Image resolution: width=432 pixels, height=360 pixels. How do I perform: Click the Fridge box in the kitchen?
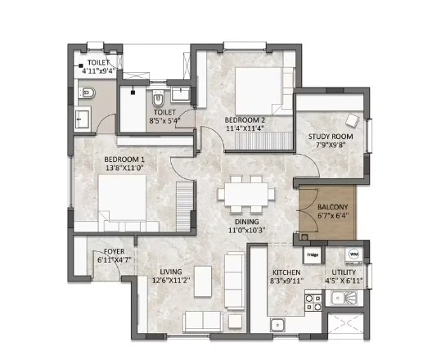(313, 254)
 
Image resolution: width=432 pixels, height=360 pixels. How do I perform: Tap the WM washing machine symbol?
(353, 254)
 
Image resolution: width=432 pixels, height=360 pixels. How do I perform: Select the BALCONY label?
(332, 207)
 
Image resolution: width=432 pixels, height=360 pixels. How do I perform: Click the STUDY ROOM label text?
(331, 137)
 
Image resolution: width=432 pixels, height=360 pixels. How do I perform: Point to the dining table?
(246, 194)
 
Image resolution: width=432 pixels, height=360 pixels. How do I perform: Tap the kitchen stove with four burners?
(313, 303)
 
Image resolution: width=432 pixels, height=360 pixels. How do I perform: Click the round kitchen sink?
(277, 325)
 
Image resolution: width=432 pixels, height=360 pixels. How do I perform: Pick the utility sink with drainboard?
(341, 299)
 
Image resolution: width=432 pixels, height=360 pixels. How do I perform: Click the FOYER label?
(114, 251)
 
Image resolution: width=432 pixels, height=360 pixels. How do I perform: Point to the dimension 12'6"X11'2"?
(171, 281)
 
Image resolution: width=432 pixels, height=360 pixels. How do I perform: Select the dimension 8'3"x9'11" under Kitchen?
(288, 281)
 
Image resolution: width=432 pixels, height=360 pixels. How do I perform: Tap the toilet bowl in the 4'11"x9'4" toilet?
(87, 92)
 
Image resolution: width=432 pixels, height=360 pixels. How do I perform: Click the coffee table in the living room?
(203, 281)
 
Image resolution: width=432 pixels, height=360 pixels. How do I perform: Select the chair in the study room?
(353, 120)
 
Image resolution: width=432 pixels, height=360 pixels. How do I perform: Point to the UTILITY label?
(344, 272)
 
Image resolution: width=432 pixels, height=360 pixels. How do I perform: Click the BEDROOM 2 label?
(245, 120)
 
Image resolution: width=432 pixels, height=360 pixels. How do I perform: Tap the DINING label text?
(247, 222)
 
